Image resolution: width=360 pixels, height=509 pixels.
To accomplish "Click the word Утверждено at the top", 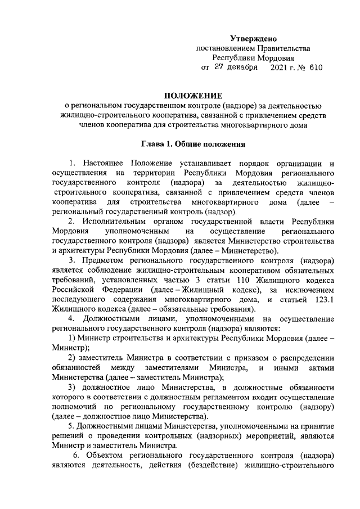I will click(x=254, y=38).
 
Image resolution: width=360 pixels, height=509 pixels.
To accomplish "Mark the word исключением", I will click(x=313, y=290).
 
